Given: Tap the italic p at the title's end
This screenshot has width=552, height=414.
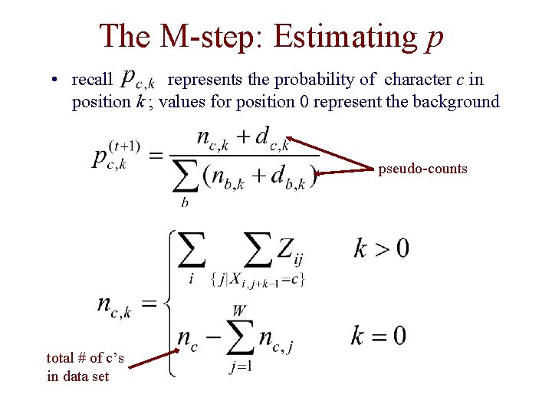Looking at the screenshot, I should click(434, 38).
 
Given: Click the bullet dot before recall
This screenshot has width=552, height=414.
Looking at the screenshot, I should click(56, 80).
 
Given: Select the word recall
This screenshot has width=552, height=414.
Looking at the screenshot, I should click(91, 80).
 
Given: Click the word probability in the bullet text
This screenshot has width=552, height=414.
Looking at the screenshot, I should click(317, 80).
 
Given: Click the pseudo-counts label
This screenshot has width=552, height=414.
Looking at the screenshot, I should click(422, 169).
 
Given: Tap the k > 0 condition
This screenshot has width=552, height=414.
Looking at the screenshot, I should click(381, 248).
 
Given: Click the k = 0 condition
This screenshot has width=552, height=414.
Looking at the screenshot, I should click(379, 336).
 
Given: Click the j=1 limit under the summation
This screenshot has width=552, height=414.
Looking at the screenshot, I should click(241, 366).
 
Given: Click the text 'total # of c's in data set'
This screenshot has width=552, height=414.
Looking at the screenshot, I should click(85, 366).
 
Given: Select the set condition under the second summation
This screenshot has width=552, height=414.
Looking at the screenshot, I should click(258, 281).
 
